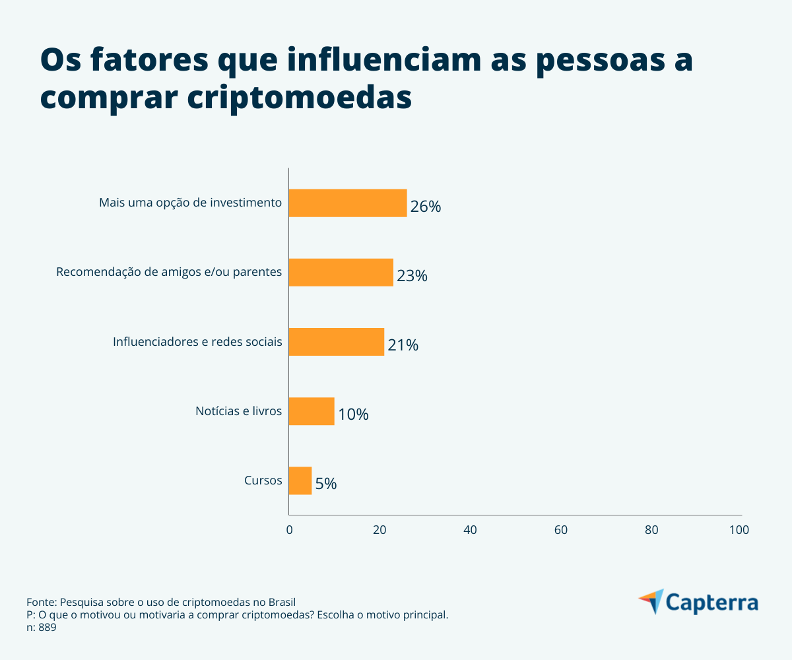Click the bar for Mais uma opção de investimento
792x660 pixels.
coord(348,203)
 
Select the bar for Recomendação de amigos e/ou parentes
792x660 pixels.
coord(341,272)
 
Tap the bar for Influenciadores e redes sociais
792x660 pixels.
coord(336,342)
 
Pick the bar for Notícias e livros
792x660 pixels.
coord(312,411)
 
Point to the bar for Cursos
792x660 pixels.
coord(300,480)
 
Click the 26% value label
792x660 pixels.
coord(425,207)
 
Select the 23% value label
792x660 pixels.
coord(412,276)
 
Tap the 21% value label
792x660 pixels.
coord(403,345)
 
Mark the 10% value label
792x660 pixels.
coord(353,414)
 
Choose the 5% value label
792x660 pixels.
coord(326,484)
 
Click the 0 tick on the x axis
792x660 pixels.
coord(289,529)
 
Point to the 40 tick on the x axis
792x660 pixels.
coord(470,529)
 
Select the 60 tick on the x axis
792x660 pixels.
coord(561,529)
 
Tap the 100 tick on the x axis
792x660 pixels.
coord(739,529)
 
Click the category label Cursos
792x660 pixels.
coord(263,480)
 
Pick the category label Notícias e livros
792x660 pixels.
coord(238,411)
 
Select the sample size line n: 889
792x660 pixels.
coord(41,628)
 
